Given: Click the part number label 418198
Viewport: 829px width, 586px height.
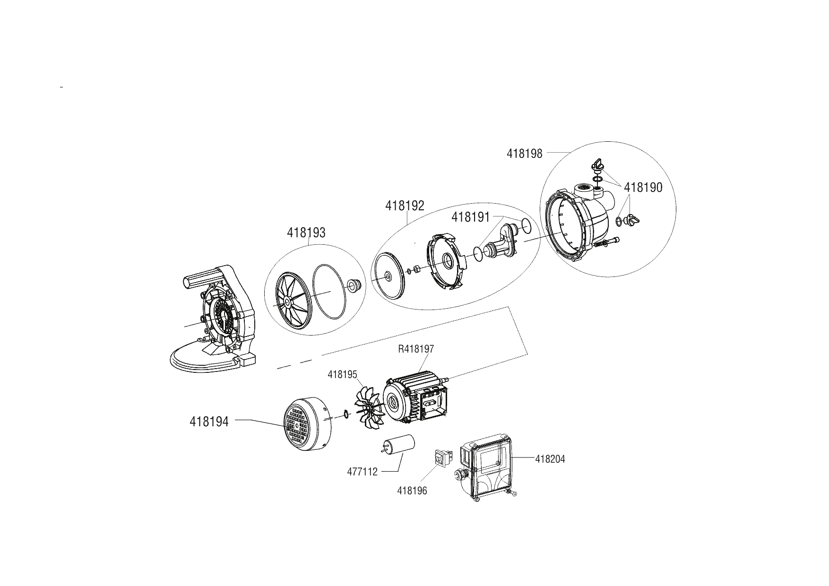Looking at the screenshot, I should (x=525, y=154).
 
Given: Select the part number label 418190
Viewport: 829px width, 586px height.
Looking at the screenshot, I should (x=643, y=188).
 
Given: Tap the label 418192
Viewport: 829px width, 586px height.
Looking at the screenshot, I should (x=405, y=206).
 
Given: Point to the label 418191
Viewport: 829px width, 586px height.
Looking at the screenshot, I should (x=471, y=217).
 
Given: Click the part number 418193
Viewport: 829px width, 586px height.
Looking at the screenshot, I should (x=306, y=233).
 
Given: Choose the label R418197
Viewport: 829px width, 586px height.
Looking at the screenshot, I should (x=416, y=349).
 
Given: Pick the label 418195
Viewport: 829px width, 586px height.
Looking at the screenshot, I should (x=342, y=374).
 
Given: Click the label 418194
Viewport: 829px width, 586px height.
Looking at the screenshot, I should (x=209, y=422).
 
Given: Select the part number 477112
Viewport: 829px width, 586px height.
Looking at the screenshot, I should (x=363, y=472).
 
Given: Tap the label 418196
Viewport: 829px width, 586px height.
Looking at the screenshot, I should (x=412, y=491).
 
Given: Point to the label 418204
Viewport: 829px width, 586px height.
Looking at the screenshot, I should (x=550, y=459).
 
